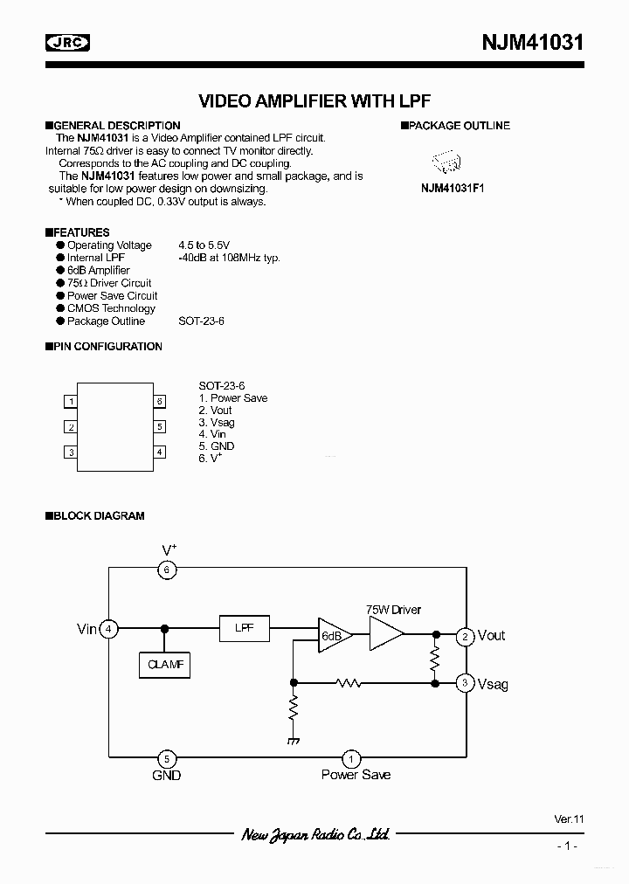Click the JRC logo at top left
click(x=68, y=41)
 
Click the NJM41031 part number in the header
click(x=532, y=42)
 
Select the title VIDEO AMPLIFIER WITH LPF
click(x=314, y=100)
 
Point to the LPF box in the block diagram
click(x=245, y=629)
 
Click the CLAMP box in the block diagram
click(x=164, y=665)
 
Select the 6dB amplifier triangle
click(x=333, y=636)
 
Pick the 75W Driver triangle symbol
click(x=388, y=636)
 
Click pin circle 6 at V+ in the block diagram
click(x=166, y=570)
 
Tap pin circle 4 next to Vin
click(x=108, y=629)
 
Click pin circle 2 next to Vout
click(x=467, y=636)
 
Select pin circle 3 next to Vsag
click(x=467, y=683)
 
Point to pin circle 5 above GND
click(x=166, y=758)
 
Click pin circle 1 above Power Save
click(x=351, y=758)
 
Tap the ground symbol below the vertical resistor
click(x=294, y=740)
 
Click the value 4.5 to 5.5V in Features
click(x=204, y=245)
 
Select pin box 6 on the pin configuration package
click(x=160, y=402)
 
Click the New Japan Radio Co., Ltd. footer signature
click(x=314, y=834)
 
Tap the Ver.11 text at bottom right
click(x=568, y=819)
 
